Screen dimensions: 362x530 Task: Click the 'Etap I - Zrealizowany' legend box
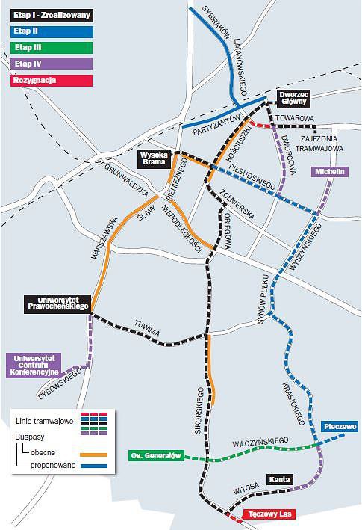pyautogui.click(x=52, y=16)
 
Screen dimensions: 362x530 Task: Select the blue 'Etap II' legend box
pyautogui.click(x=52, y=31)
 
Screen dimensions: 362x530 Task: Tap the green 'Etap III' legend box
pyautogui.click(x=52, y=48)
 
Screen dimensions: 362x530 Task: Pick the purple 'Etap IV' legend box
pyautogui.click(x=52, y=64)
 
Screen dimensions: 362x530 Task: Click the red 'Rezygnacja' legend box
pyautogui.click(x=52, y=81)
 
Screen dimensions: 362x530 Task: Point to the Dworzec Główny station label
pyautogui.click(x=293, y=99)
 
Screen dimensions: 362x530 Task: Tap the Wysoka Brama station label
pyautogui.click(x=155, y=159)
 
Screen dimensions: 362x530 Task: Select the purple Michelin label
pyautogui.click(x=330, y=172)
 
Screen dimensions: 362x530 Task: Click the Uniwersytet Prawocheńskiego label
pyautogui.click(x=57, y=303)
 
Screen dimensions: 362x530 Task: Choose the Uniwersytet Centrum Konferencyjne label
pyautogui.click(x=34, y=366)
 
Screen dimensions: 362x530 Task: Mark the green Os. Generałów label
pyautogui.click(x=156, y=456)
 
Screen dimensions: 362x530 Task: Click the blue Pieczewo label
pyautogui.click(x=340, y=427)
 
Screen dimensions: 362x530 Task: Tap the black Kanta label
pyautogui.click(x=280, y=480)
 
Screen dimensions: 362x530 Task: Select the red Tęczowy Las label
pyautogui.click(x=269, y=514)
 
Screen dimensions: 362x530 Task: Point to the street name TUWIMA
pyautogui.click(x=147, y=329)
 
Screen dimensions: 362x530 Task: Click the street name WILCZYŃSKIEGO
pyautogui.click(x=260, y=442)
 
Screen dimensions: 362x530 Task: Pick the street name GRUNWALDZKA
pyautogui.click(x=126, y=180)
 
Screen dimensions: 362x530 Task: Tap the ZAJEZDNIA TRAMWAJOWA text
pyautogui.click(x=319, y=144)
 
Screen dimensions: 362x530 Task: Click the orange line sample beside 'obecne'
pyautogui.click(x=94, y=455)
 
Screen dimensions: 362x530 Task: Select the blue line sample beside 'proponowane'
pyautogui.click(x=94, y=466)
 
